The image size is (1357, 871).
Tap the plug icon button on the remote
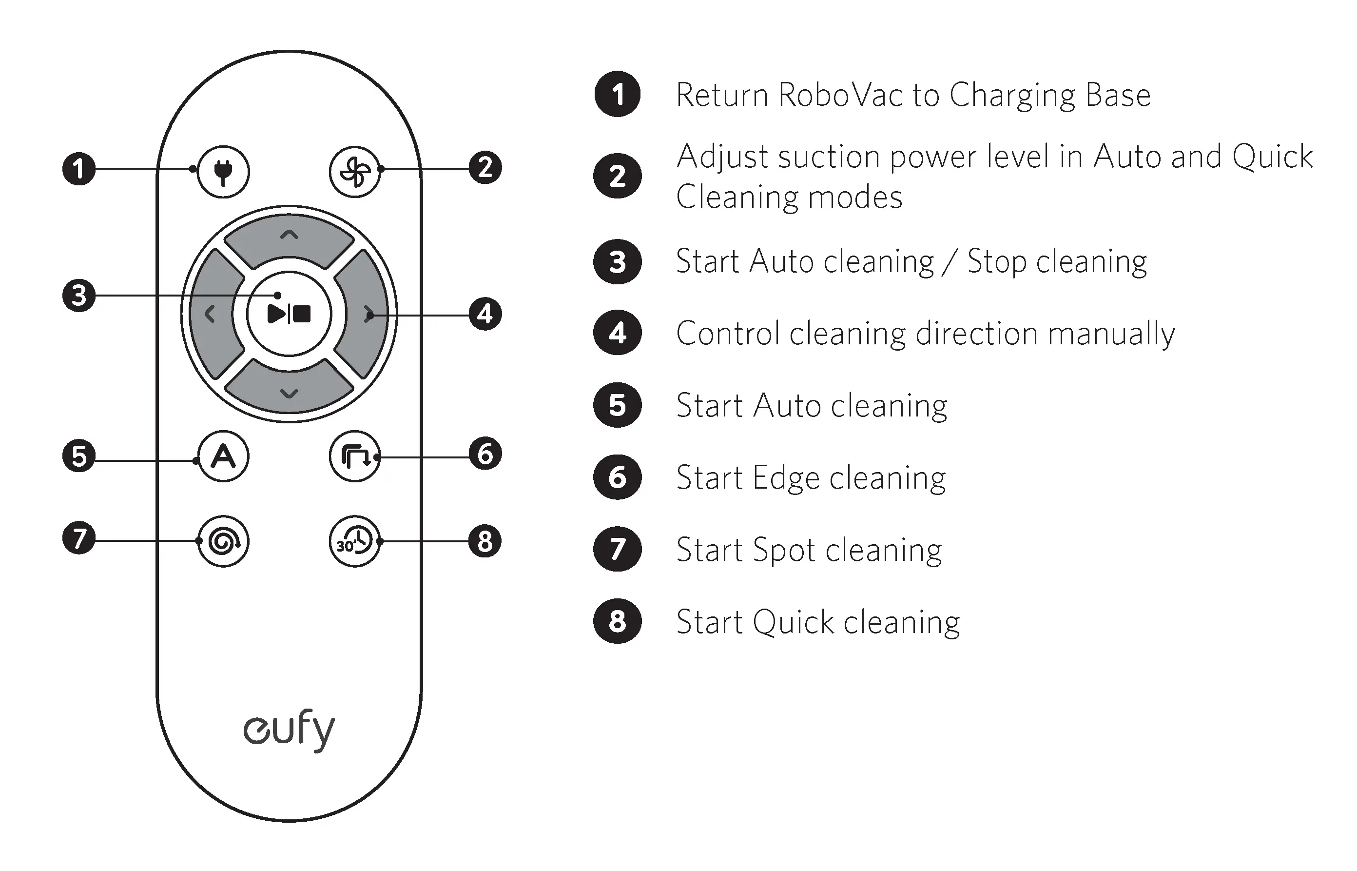[223, 171]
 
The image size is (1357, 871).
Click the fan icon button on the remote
[354, 171]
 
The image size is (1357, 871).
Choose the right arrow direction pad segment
[364, 314]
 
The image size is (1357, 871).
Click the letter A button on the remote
[223, 456]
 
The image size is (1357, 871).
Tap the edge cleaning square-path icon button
[354, 456]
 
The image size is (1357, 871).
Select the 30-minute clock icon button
[354, 541]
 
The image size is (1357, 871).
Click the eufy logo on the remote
[289, 730]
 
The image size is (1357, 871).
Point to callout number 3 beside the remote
[78, 295]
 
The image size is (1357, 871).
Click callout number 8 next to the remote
[485, 541]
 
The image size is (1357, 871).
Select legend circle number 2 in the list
[617, 176]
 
